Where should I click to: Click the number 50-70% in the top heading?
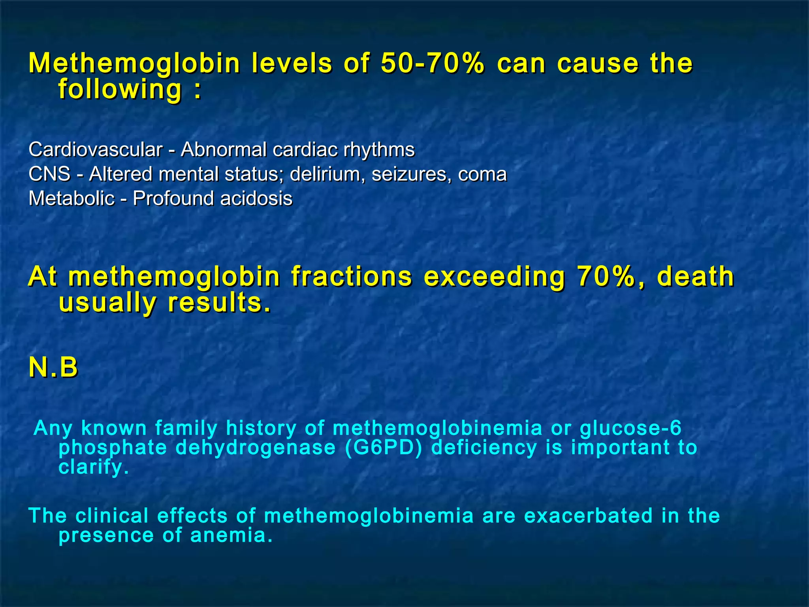433,63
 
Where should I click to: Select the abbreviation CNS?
49,174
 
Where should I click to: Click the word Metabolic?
71,198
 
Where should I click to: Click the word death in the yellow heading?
695,276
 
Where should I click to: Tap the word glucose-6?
630,428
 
